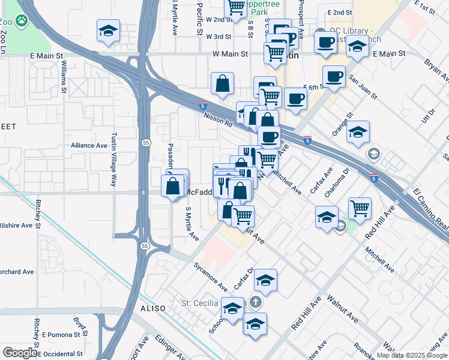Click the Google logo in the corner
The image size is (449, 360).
20,352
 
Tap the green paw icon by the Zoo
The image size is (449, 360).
22,21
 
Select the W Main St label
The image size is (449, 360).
230,54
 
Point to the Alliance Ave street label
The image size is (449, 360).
89,145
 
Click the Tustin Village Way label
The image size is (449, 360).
112,160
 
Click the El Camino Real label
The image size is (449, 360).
431,211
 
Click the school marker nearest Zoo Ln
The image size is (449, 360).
108,31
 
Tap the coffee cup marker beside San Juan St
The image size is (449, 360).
334,77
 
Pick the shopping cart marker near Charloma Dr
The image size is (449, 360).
360,208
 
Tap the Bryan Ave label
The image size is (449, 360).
436,70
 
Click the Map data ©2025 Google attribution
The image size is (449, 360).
411,355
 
